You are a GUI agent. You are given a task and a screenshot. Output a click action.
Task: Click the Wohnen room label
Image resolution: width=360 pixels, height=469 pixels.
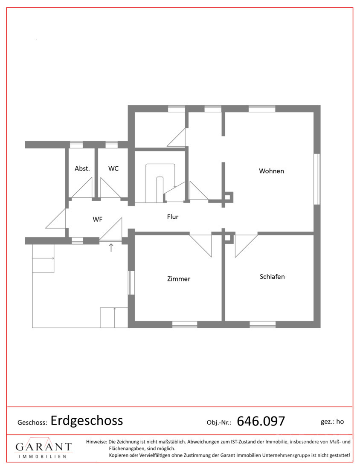coord(271,171)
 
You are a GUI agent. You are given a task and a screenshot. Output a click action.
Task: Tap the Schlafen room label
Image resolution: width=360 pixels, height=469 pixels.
coord(272,277)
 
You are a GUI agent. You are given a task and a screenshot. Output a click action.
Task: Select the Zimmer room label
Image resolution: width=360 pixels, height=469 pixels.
coord(179,279)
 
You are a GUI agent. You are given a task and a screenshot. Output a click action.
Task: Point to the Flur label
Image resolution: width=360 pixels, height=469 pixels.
coord(173,217)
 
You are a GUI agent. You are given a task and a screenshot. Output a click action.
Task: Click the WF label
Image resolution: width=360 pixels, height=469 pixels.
coord(98,219)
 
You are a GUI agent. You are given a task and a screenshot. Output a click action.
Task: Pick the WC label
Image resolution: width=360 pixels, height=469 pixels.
coord(113,168)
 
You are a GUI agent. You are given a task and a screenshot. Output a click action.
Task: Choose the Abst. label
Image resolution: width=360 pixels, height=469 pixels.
coord(82,168)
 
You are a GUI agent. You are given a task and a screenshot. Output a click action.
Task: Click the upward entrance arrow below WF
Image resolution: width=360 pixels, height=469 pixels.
coord(111,247)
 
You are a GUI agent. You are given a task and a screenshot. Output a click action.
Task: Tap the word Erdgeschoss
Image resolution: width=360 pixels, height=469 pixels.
coord(87,420)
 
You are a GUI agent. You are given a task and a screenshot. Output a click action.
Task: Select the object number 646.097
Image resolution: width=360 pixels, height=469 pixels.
coord(261,421)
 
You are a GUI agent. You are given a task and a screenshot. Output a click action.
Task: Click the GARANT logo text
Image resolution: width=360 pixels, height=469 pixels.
coord(44,447)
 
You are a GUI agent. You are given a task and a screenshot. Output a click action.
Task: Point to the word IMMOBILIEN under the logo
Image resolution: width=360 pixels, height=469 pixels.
coord(43,457)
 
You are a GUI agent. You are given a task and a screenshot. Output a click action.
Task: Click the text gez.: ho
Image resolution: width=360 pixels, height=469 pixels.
coord(332,422)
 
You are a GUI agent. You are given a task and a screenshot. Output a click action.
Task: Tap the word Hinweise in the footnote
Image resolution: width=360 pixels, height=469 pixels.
coord(96,441)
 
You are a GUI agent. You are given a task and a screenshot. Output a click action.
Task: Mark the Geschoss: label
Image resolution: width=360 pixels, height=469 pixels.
coord(32,423)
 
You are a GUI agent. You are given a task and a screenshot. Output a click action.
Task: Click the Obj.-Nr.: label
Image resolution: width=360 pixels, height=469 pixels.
coord(219,423)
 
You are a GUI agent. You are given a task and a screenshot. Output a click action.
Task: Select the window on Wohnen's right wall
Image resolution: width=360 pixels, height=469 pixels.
coord(317,179)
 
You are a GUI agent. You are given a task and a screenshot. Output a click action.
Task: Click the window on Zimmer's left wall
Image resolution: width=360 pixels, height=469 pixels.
coord(131,283)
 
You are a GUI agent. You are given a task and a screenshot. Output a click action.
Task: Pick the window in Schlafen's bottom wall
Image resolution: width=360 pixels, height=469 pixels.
coord(262,324)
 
